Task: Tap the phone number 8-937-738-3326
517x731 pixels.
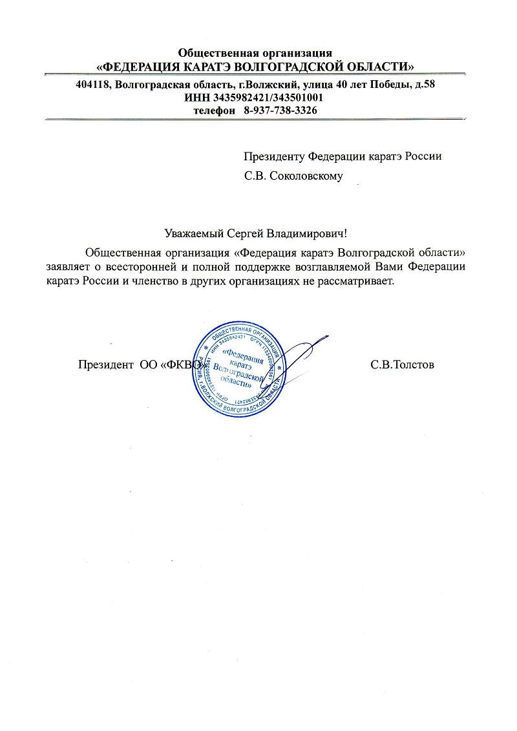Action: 280,111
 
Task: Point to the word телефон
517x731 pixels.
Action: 215,111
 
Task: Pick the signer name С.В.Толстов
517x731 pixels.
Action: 402,365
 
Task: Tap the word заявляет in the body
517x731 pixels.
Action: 69,266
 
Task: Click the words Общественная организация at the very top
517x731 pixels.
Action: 255,52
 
